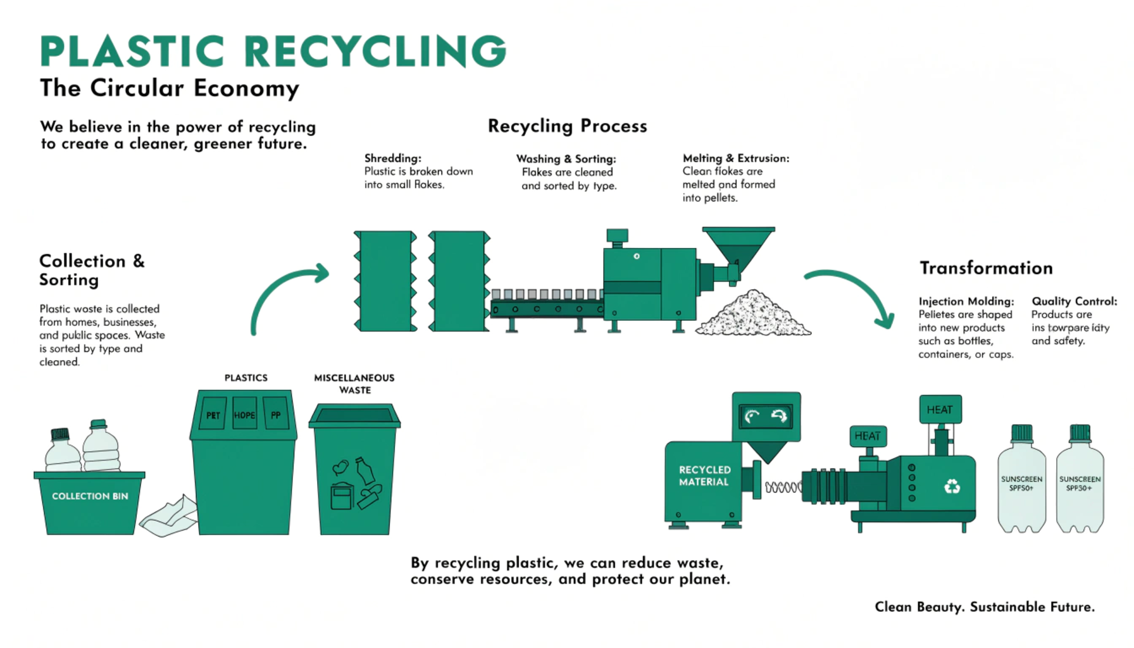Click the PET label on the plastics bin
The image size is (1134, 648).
click(x=213, y=415)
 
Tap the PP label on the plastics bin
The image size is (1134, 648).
click(x=276, y=415)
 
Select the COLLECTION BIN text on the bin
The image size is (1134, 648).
click(x=90, y=496)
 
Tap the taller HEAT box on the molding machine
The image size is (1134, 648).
click(x=940, y=409)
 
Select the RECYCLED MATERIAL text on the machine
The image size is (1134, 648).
click(x=704, y=476)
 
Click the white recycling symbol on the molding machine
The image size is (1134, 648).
click(x=952, y=486)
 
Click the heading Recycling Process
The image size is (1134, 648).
click(x=567, y=126)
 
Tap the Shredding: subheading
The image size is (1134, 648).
click(x=392, y=158)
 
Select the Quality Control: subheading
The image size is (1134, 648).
click(x=1074, y=301)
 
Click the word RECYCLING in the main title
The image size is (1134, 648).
click(x=375, y=51)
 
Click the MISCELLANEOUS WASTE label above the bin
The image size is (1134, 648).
click(x=354, y=383)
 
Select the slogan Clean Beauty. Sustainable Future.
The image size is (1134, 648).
click(x=984, y=606)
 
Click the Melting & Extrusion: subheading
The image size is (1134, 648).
click(x=735, y=158)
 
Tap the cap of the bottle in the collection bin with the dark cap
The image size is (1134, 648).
click(x=60, y=434)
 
